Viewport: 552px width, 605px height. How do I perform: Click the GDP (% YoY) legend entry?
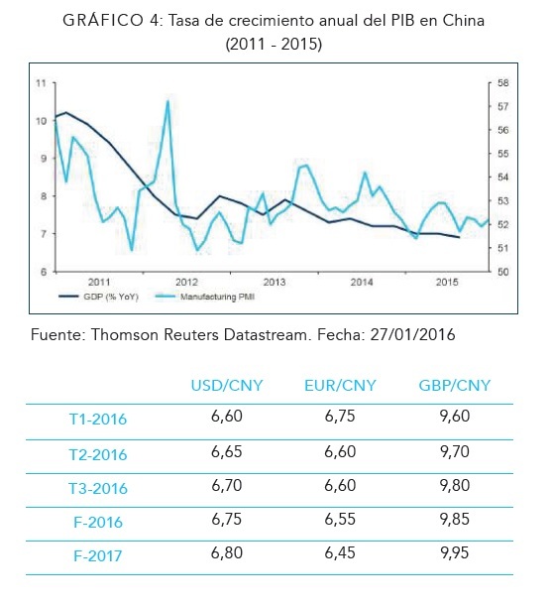point(99,297)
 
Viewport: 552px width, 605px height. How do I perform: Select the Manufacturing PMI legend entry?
point(205,297)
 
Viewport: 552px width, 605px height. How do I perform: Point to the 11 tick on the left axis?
point(41,83)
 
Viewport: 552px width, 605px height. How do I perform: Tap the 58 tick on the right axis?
point(503,83)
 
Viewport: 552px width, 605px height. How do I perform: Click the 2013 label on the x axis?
point(275,282)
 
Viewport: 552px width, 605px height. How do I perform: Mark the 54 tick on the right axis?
point(503,178)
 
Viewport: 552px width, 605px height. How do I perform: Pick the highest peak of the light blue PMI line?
point(167,101)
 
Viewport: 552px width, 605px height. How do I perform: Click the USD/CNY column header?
point(227,386)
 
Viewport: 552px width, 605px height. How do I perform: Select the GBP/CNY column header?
point(455,386)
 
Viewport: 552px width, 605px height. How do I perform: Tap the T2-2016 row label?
point(98,454)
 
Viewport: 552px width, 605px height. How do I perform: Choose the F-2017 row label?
point(98,556)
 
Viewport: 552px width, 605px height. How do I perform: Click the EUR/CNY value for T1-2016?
point(340,416)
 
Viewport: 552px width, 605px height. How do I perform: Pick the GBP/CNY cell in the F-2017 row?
point(455,552)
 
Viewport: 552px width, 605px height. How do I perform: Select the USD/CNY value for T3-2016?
point(227,485)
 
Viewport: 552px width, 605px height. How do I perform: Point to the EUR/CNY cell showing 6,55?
point(340,519)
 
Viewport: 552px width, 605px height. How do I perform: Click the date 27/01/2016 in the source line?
point(413,334)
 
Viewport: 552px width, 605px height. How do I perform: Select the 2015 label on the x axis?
point(447,282)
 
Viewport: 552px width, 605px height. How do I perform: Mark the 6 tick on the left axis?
point(44,272)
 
